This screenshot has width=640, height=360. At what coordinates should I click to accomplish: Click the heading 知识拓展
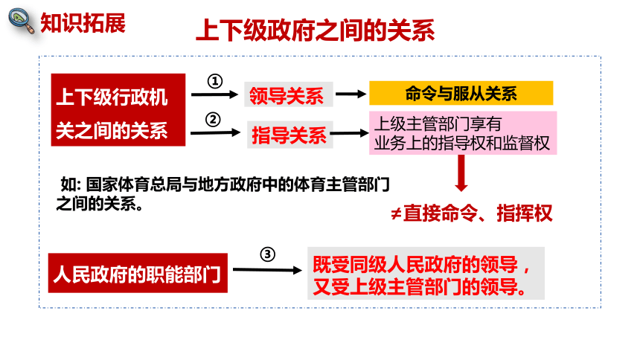pos(83,23)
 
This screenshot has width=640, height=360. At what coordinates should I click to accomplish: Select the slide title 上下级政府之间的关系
pos(315,30)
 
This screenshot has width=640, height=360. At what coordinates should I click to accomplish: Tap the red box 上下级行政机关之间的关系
pos(118,110)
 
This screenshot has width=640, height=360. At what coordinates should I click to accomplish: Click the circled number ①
pos(214,81)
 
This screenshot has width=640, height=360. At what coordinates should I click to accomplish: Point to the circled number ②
pos(213,120)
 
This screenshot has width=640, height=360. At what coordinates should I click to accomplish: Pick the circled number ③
pos(267,254)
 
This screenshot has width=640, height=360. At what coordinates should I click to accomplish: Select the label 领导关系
pos(288,95)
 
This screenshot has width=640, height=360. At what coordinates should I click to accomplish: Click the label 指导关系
pos(289,135)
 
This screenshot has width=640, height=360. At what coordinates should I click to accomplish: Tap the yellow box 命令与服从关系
pos(461,93)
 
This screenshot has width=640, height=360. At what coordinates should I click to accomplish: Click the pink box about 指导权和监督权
pos(463,133)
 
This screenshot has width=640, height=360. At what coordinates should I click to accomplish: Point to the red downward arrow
pos(461,173)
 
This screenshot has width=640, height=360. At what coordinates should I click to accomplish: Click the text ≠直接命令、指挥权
pos(471,213)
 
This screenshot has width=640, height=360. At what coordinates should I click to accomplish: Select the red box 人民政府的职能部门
pos(138,273)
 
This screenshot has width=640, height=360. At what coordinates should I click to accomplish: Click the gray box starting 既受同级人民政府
pos(426,273)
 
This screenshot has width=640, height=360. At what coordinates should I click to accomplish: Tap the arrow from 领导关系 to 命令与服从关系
pos(351,94)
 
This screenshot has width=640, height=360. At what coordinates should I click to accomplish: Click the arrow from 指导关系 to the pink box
pos(349,133)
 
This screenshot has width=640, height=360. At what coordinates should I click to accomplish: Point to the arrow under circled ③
pos(267,270)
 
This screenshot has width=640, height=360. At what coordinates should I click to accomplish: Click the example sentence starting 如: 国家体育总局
pos(223,194)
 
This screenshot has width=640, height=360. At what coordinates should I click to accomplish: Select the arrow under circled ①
pos(214,94)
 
